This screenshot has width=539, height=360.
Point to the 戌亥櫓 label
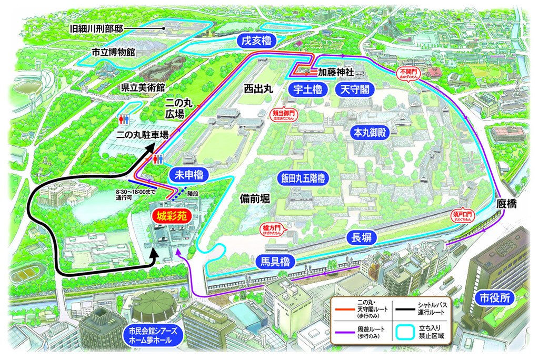tap(256, 40)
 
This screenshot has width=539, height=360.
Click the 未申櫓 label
tap(188, 174)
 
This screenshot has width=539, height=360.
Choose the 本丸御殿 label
tap(368, 132)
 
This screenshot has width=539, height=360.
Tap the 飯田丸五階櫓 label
tap(303, 178)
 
